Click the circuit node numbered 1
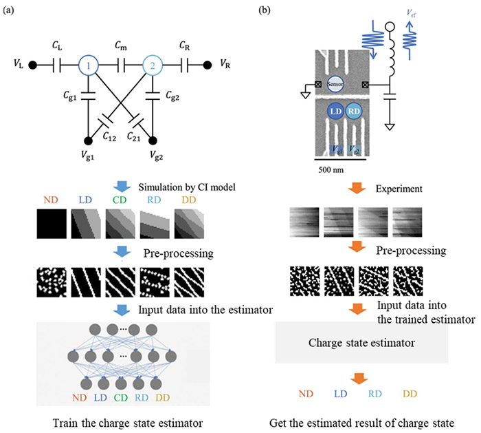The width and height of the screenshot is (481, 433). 89,65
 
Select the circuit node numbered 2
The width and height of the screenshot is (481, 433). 153,65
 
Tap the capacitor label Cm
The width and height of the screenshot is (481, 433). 120,46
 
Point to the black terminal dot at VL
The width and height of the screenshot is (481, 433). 32,65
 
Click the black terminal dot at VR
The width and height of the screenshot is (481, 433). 208,65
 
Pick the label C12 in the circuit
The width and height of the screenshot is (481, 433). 109,136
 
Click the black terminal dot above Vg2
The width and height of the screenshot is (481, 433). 153,140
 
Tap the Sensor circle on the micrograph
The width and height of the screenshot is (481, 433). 335,84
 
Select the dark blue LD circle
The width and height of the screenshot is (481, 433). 336,111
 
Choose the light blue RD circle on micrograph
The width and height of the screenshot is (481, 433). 354,111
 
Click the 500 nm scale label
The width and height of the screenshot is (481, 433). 331,169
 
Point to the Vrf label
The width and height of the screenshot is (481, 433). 411,13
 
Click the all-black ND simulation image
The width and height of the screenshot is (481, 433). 52,224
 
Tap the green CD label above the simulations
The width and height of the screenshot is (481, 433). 120,200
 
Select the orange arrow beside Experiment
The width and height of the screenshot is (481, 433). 357,187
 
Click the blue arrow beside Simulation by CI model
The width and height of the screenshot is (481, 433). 122,187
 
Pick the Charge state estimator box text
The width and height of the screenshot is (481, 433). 361,343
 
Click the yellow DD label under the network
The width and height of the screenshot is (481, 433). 163,398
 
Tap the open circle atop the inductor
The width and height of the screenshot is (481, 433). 390,27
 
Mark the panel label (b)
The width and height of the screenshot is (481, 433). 265,10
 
